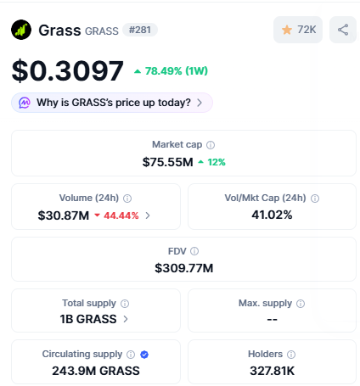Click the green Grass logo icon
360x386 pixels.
[x=22, y=30]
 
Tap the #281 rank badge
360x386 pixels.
[x=140, y=30]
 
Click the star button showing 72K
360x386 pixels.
[x=298, y=30]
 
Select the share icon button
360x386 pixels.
[x=343, y=30]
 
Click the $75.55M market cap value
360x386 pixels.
[x=167, y=161]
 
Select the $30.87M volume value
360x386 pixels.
[x=64, y=215]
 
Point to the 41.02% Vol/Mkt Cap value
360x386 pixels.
[x=272, y=215]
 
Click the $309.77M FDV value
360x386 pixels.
[x=183, y=268]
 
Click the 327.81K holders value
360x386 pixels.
[x=272, y=370]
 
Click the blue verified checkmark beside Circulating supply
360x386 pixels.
[x=144, y=355]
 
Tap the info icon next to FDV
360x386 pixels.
[x=194, y=251]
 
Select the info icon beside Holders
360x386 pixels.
[x=291, y=355]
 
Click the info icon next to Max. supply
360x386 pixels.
[x=300, y=303]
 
